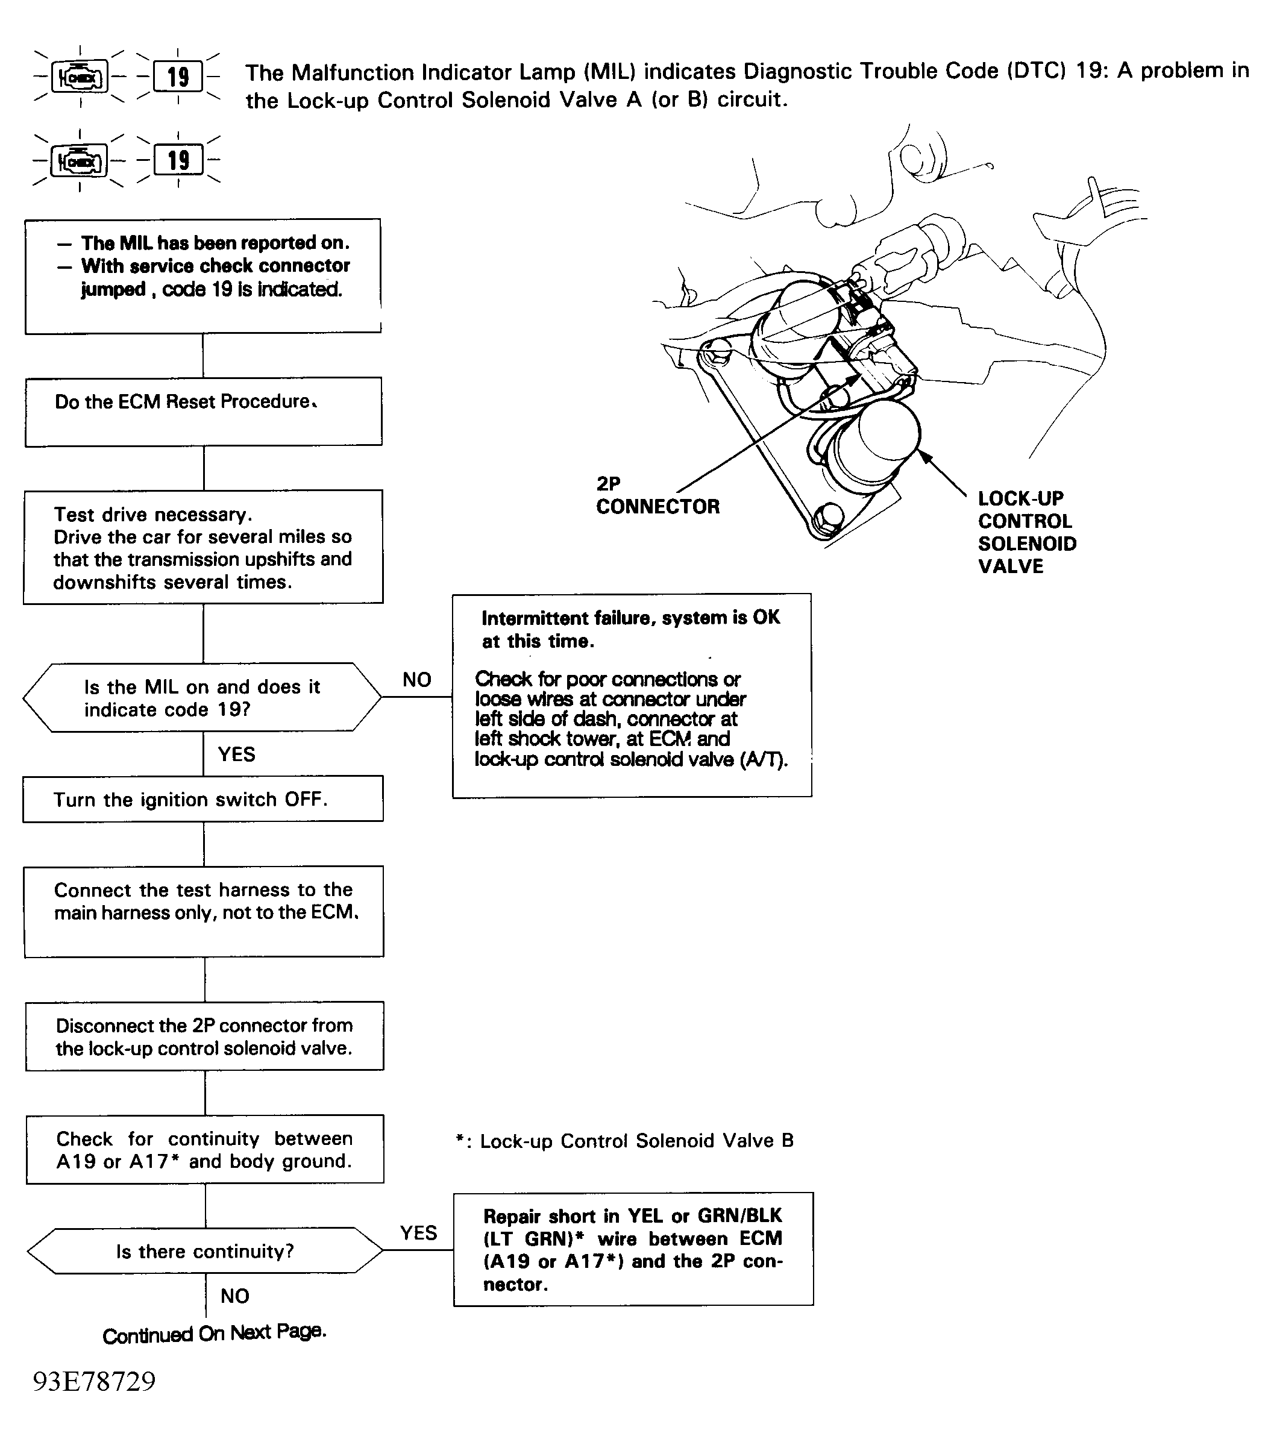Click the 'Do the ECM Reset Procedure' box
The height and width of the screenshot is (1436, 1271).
click(204, 412)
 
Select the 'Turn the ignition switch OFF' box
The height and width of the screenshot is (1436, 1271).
click(203, 799)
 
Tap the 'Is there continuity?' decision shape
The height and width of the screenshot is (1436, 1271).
click(204, 1250)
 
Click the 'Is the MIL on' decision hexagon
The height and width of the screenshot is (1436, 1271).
click(202, 697)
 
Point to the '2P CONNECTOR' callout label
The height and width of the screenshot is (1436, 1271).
click(657, 495)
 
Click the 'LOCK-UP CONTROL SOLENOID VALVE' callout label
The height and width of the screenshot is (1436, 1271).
click(1026, 532)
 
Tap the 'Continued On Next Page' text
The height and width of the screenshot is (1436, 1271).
click(215, 1333)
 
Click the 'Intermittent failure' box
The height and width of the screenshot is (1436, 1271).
click(632, 695)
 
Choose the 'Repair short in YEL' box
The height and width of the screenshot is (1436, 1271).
click(633, 1249)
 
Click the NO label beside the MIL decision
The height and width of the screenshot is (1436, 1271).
click(416, 679)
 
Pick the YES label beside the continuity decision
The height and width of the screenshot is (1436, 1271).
click(418, 1232)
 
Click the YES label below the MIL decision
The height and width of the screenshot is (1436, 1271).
click(236, 754)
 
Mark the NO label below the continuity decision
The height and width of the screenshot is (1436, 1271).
click(234, 1296)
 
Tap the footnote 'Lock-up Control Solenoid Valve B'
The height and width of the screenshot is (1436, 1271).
click(624, 1140)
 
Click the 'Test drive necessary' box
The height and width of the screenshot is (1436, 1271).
click(203, 547)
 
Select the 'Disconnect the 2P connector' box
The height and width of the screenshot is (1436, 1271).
click(204, 1036)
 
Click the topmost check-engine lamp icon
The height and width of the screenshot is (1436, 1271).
click(80, 77)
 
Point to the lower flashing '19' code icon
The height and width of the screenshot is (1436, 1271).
click(178, 160)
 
